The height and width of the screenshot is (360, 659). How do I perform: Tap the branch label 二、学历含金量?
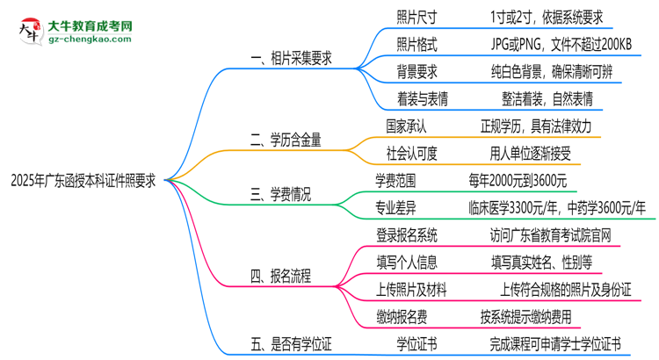[x=285, y=138]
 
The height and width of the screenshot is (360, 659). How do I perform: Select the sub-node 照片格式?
[x=416, y=44]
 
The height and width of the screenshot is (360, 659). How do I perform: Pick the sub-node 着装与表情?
[x=423, y=98]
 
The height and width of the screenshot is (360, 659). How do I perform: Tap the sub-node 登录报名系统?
[x=406, y=234]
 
